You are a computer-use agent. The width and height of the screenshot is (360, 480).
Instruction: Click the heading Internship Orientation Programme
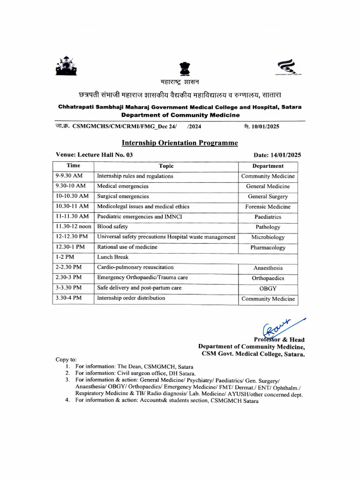pos(180,142)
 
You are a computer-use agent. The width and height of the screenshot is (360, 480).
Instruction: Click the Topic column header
pos(166,166)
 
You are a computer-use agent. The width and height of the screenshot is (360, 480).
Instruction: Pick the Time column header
pos(73,165)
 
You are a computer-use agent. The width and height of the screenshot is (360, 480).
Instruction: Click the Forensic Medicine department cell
pos(268,207)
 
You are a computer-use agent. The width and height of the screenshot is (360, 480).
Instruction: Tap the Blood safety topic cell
pos(112,227)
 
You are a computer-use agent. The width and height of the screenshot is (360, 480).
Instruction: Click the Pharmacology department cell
pos(268,247)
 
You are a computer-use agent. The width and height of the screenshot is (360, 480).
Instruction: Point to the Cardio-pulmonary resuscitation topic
pos(135,268)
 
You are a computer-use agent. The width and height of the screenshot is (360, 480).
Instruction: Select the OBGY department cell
pos(268,289)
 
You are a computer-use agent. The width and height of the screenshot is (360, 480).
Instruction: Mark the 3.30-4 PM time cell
pos(68,298)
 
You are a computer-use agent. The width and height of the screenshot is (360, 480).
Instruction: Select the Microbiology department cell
pos(268,237)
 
